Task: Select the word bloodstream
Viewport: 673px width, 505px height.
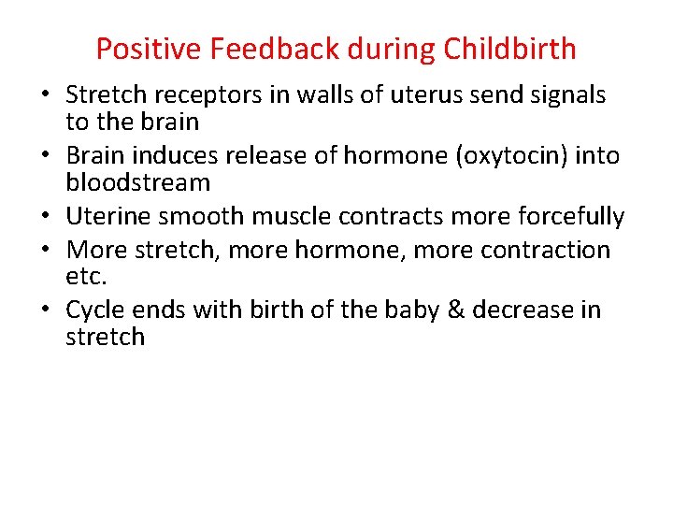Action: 137,182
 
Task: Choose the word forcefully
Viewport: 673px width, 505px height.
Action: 567,217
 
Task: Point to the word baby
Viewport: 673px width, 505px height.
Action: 405,310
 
